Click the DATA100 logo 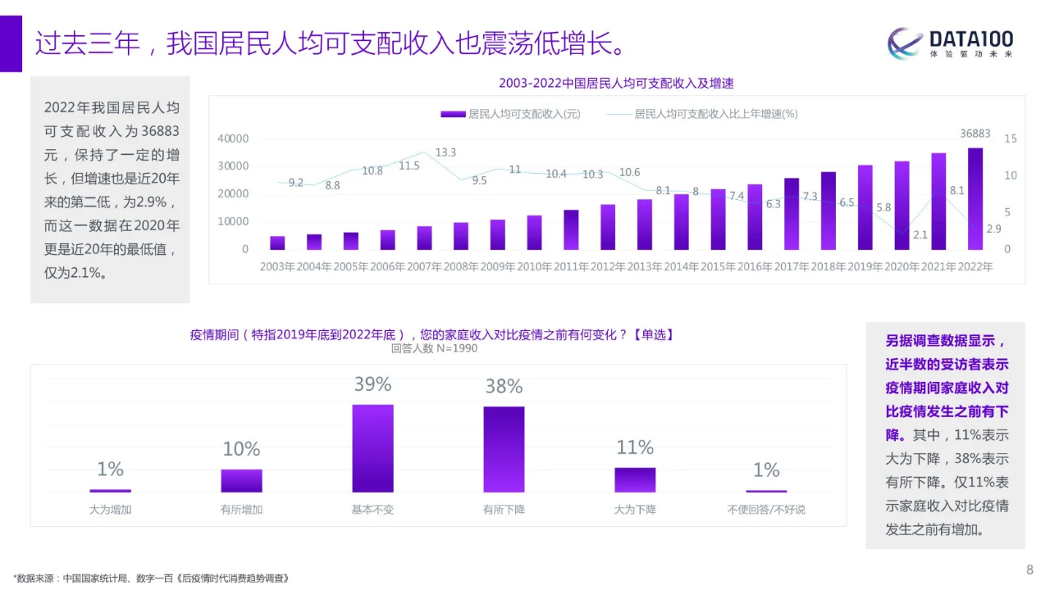click(951, 43)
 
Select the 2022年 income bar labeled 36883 click(975, 198)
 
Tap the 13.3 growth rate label click(445, 152)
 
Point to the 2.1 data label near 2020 click(920, 235)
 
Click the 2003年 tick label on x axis click(277, 266)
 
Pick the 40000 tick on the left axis click(233, 138)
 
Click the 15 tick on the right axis click(1010, 138)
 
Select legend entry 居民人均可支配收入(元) click(510, 114)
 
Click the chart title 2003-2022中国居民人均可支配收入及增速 click(616, 83)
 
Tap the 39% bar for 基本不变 click(372, 447)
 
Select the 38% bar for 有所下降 click(504, 448)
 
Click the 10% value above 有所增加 click(241, 449)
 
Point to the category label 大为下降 click(635, 509)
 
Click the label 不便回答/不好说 click(766, 509)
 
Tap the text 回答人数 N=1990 click(434, 348)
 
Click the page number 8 click(1029, 570)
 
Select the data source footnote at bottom click(152, 578)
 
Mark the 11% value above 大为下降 click(635, 447)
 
